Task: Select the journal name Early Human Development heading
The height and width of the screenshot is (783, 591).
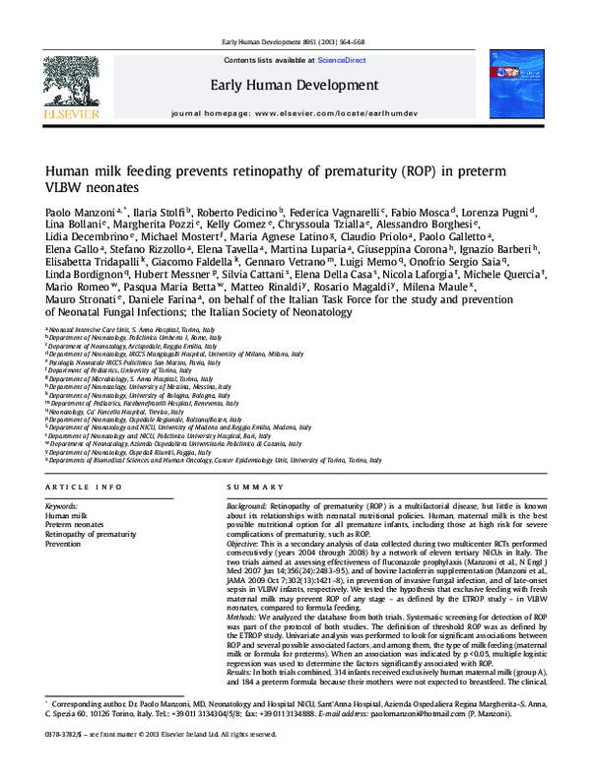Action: (x=295, y=85)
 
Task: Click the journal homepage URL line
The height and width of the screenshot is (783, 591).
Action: (x=295, y=114)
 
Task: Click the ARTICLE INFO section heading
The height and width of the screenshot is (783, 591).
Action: (x=85, y=488)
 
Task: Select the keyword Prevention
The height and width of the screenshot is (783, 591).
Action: (x=64, y=543)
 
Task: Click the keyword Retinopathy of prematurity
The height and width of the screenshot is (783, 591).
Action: (x=92, y=534)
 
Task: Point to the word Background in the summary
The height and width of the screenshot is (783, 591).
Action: (x=250, y=505)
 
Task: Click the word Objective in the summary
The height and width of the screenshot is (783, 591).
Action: (x=246, y=543)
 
